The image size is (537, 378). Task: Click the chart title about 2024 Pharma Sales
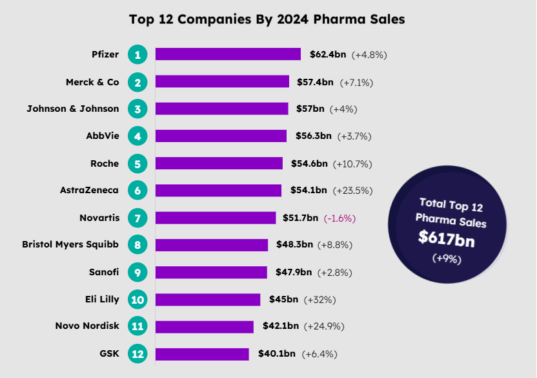(x=267, y=19)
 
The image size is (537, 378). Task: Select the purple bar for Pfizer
(x=228, y=54)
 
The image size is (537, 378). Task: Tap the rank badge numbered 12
(x=137, y=353)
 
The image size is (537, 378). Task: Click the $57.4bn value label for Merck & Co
(x=315, y=82)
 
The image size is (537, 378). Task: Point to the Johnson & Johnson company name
(x=73, y=109)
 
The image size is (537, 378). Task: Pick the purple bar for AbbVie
(x=221, y=136)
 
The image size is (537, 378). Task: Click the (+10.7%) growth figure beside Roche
(x=352, y=163)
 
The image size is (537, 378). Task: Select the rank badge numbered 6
(x=137, y=191)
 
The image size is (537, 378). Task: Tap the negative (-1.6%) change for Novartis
(x=339, y=218)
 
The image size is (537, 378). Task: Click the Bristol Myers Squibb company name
(x=70, y=245)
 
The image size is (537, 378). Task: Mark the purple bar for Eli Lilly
(x=208, y=299)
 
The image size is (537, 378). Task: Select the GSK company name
(x=110, y=353)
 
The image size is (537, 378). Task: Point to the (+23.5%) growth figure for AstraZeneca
(x=353, y=191)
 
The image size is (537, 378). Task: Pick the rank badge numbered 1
(x=137, y=54)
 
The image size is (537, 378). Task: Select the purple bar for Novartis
(x=216, y=218)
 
